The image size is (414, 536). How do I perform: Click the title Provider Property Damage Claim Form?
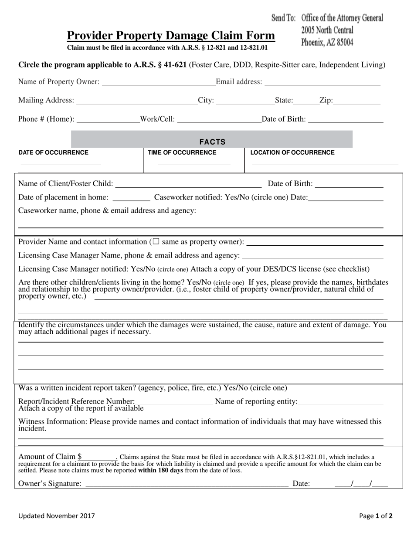point(170,36)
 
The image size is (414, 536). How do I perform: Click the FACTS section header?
point(212,142)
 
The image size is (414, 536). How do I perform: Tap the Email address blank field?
point(322,82)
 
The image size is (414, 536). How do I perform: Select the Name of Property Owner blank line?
point(158,82)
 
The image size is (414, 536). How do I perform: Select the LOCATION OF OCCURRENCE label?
point(292,153)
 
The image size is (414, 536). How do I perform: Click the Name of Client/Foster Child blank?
point(188,184)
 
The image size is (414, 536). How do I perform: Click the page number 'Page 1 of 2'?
point(376,516)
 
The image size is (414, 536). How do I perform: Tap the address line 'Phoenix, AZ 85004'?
point(327,43)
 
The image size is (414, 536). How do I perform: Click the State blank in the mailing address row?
point(306,101)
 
